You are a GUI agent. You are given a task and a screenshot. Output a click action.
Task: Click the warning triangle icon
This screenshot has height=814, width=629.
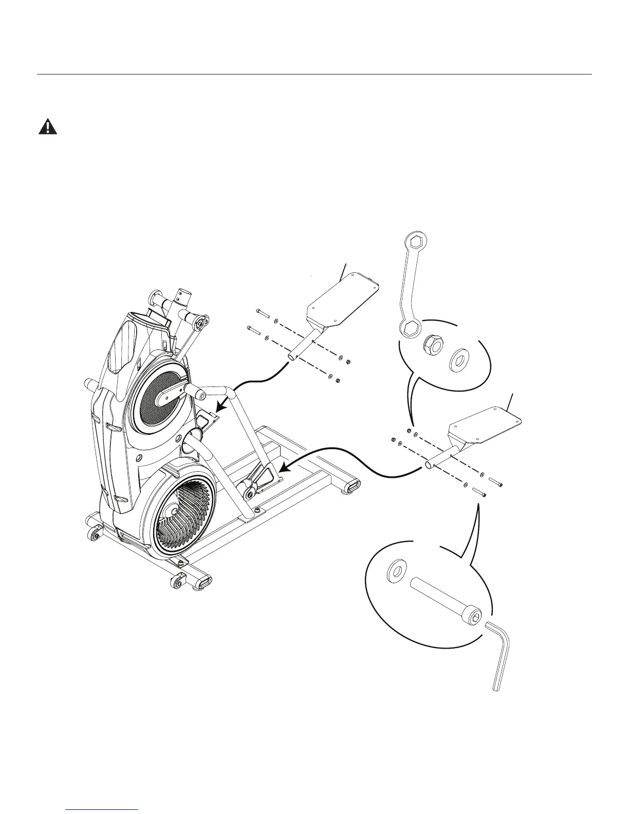coord(48,126)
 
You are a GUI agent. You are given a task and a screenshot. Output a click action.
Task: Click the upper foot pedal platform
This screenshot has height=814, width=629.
coord(343,299)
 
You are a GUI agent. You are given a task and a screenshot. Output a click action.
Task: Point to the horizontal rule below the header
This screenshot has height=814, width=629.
coord(314,75)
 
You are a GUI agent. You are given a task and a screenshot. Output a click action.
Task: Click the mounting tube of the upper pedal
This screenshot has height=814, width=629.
coord(303,346)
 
